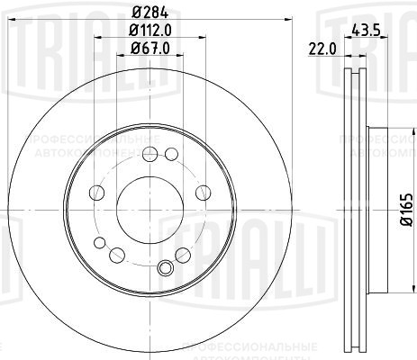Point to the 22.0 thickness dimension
tap(322, 49)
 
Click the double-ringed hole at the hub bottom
tap(163, 266)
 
